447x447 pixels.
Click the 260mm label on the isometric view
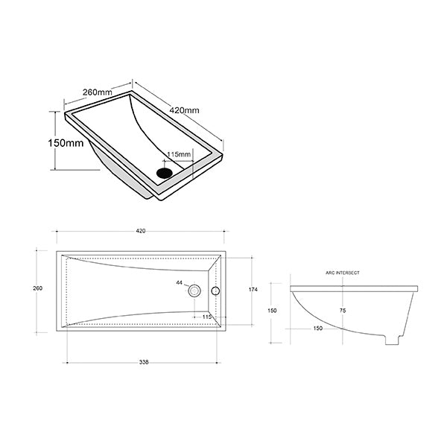(97, 92)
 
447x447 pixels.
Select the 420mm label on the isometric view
(185, 110)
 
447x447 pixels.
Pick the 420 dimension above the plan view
(140, 231)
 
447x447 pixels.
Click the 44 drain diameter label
(179, 284)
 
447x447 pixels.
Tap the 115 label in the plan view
(208, 317)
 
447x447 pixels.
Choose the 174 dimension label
(254, 288)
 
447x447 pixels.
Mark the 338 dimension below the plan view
(144, 362)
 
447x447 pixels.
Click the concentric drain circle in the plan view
(195, 290)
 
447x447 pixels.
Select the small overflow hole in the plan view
(216, 290)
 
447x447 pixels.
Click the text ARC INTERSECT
(343, 273)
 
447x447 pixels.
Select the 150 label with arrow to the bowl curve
(296, 328)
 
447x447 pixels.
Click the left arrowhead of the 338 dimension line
(69, 362)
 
